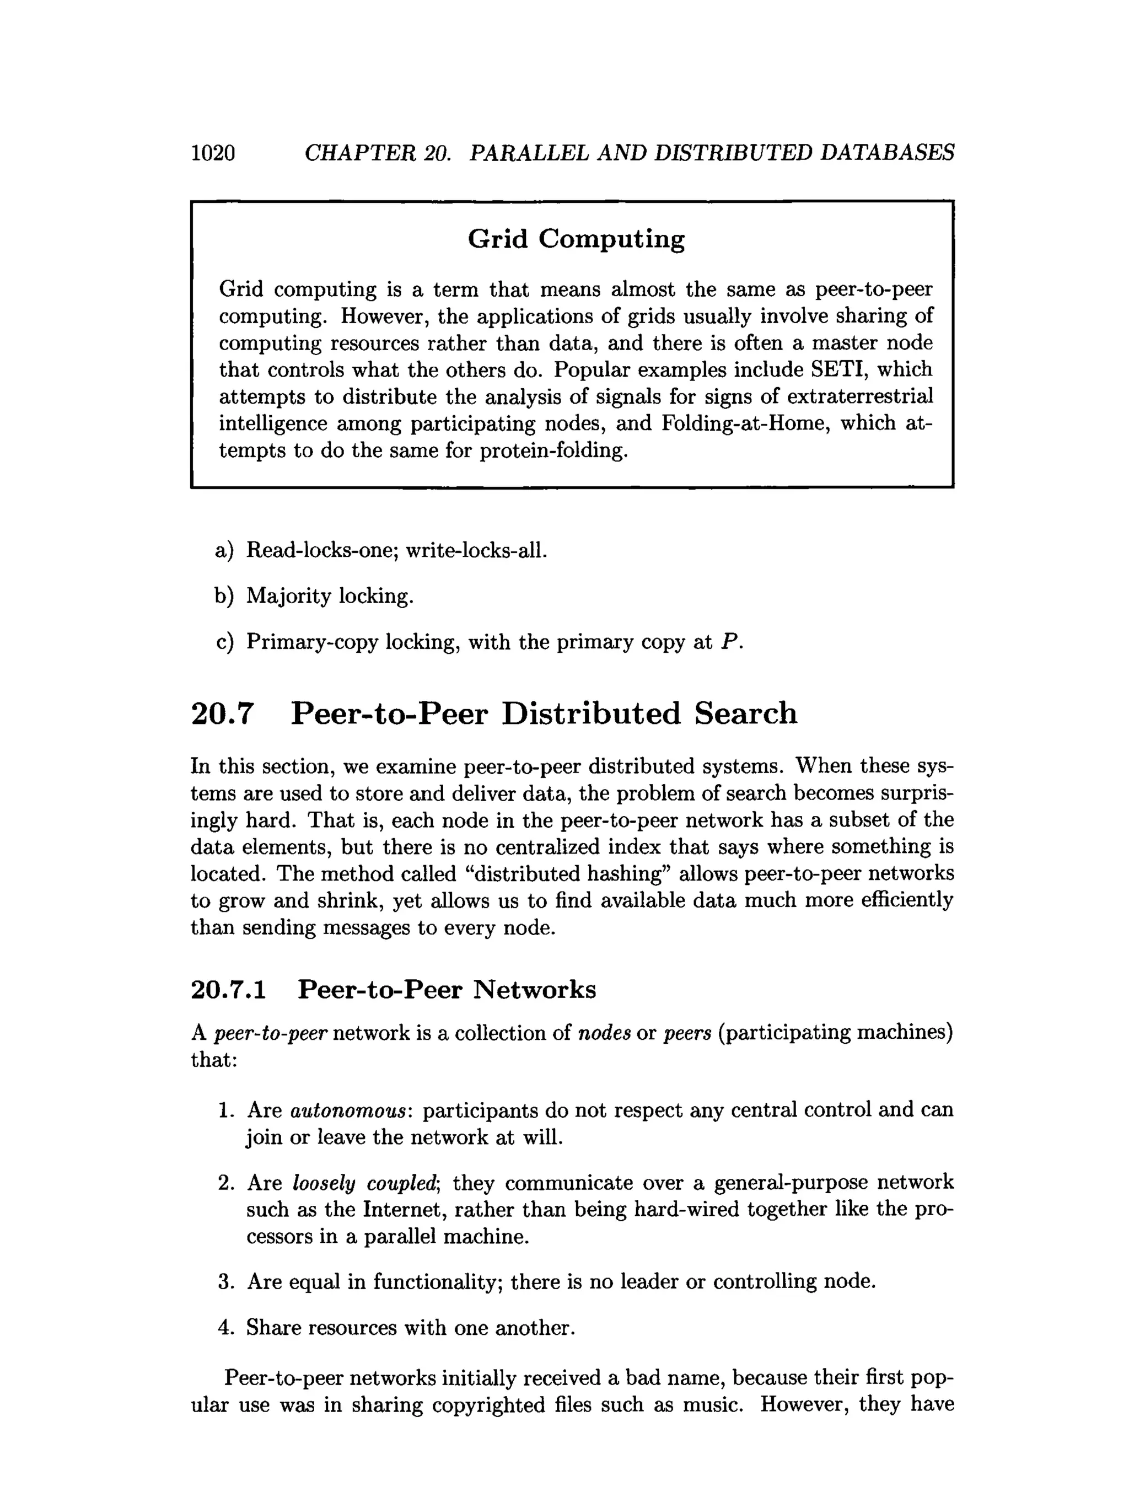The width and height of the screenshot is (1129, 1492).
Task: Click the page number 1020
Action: [x=213, y=153]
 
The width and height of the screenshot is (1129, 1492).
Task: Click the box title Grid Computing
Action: [x=576, y=239]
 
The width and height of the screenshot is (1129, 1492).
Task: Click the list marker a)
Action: [x=224, y=550]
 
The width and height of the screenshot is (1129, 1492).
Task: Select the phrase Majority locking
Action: [x=330, y=596]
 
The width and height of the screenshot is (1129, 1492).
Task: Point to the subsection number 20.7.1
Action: [x=229, y=990]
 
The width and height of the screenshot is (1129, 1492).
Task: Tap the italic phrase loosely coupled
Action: [x=365, y=1183]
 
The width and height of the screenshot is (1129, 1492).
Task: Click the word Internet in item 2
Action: [x=405, y=1210]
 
